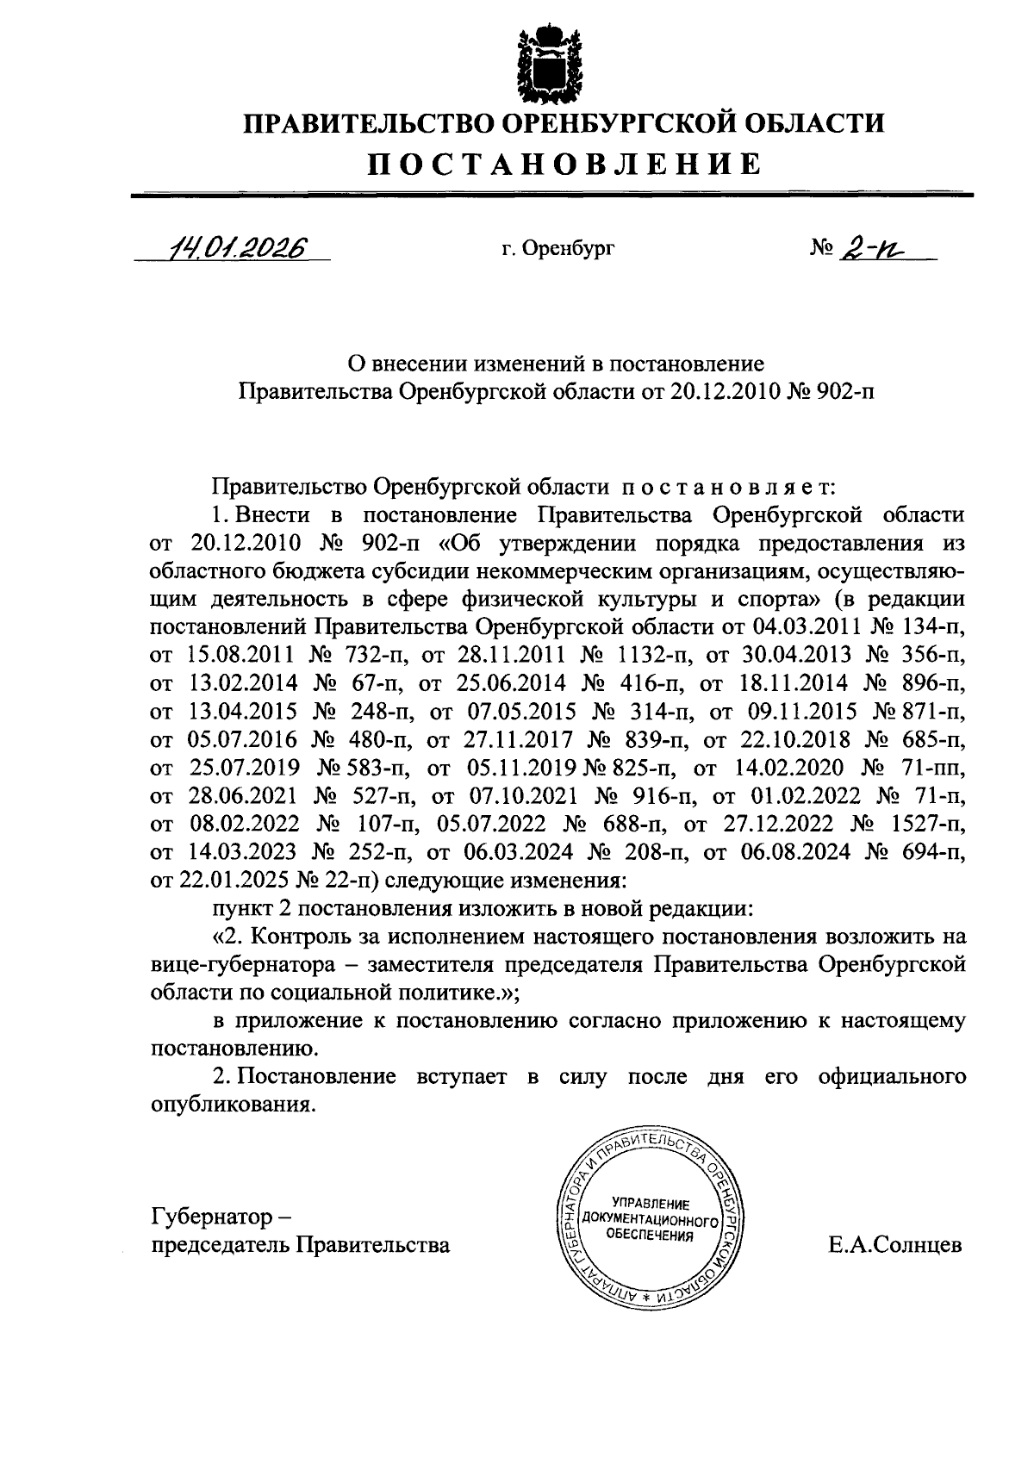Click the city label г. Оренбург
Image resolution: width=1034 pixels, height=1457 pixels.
click(558, 250)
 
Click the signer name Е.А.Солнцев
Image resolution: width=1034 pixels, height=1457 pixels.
click(894, 1246)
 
